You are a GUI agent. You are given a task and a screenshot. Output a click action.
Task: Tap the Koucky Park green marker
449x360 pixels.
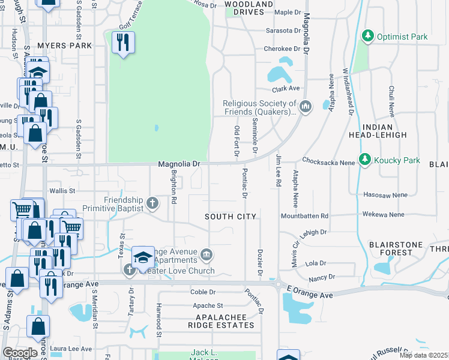point(364,160)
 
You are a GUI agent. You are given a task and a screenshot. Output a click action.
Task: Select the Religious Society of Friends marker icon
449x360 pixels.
point(306,107)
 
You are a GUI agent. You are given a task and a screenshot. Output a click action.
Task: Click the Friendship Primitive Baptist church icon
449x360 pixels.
point(152,202)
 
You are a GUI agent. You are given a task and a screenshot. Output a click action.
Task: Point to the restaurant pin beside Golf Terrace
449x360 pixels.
point(124,43)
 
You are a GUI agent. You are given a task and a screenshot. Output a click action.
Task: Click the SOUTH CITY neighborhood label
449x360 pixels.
point(231,216)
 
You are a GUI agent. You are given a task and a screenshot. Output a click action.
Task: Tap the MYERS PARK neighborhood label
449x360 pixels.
point(64,45)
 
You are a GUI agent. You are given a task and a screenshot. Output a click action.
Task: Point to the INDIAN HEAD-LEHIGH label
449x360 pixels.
point(378,131)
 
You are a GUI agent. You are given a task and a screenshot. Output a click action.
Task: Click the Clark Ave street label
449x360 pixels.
point(285,88)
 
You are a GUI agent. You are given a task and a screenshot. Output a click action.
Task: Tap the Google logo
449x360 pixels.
point(19,352)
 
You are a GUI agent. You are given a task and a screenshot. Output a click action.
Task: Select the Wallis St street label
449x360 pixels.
point(62,191)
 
